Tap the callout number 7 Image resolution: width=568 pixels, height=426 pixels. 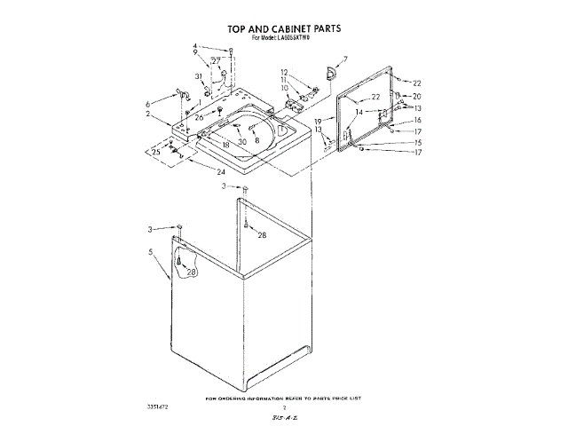point(346,59)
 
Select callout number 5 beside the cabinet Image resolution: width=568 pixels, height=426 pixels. point(152,252)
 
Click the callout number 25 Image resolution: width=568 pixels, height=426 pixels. point(157,153)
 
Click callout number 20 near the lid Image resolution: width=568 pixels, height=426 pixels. point(416,96)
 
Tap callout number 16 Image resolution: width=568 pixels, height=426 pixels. point(416,120)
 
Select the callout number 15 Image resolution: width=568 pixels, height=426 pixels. point(416,142)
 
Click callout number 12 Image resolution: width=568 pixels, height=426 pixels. point(284,71)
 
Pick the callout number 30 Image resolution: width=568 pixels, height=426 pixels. point(242,143)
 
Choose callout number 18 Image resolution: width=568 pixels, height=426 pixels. point(226,144)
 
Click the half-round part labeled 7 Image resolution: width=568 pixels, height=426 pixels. point(331,71)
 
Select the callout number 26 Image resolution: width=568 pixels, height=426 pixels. point(200,117)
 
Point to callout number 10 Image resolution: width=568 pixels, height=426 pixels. point(284,88)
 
